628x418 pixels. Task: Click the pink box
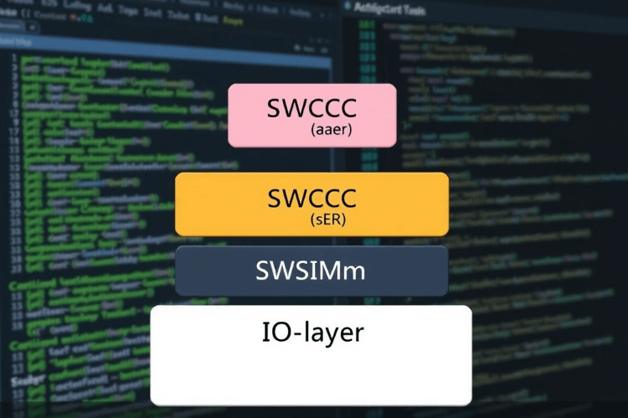[x=311, y=115]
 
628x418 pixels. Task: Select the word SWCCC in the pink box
[x=311, y=107]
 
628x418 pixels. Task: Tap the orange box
[x=311, y=204]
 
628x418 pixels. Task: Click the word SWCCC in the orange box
[x=311, y=198]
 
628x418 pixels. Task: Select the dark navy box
[x=311, y=271]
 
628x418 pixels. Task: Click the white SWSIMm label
[x=311, y=271]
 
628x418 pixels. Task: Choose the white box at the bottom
[x=311, y=355]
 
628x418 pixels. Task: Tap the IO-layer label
[x=311, y=332]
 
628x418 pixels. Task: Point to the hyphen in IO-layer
[x=293, y=333]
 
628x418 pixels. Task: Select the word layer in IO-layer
[x=332, y=333]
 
